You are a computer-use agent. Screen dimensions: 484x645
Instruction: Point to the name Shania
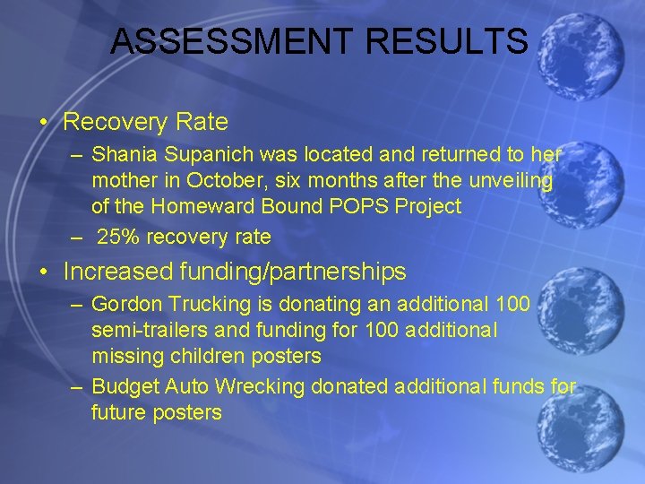122,154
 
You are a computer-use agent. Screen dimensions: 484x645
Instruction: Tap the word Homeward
196,206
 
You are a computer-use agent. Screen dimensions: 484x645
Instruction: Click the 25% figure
116,238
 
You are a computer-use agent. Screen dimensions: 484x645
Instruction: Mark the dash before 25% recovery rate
79,238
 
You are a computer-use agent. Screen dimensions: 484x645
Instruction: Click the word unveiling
514,180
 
